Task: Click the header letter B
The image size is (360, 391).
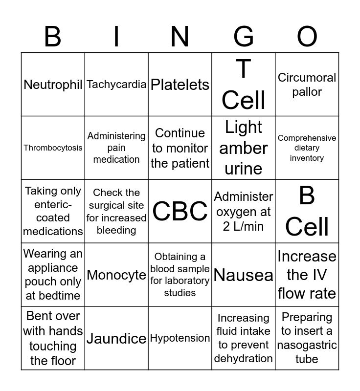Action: coord(53,37)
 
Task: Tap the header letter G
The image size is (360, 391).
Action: coord(244,37)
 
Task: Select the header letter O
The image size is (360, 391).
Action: coord(307,37)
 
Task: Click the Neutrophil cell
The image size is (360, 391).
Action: coord(53,85)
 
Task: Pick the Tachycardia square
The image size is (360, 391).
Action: coord(116,85)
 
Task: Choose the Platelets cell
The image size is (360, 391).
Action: coord(180,85)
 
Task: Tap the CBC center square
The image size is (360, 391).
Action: coord(180,211)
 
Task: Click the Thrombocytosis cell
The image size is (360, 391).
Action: coord(53,148)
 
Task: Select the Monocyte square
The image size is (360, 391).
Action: coord(116,275)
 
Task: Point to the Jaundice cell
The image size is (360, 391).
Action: coord(116,338)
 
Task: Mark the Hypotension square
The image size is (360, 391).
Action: coord(180,338)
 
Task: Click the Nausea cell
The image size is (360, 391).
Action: coord(244,275)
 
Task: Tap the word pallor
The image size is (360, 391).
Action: coord(307,92)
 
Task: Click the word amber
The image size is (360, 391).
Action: coord(244,148)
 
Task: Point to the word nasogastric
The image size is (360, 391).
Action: coord(307,345)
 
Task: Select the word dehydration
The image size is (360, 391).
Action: coord(244,358)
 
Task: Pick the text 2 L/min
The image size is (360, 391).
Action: coord(244,226)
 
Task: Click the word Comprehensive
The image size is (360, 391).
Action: coord(307,138)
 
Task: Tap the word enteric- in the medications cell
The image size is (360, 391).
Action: coord(53,205)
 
